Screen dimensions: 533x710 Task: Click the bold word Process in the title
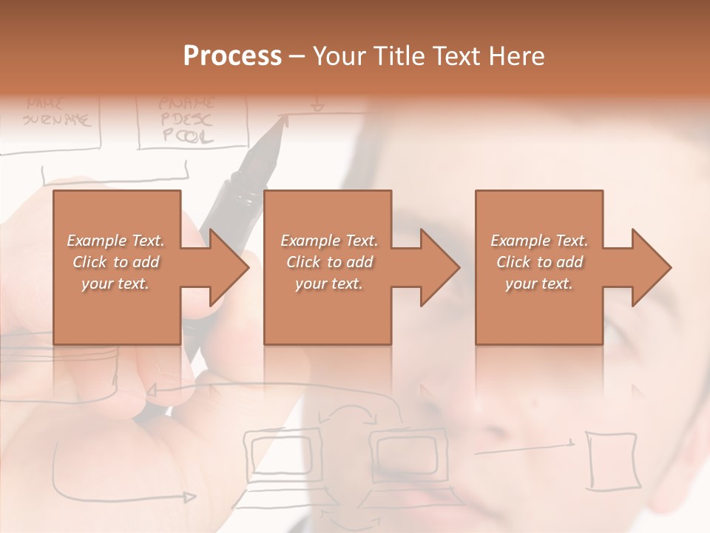[232, 56]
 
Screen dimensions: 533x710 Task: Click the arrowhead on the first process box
[226, 267]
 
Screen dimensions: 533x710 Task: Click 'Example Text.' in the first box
[116, 241]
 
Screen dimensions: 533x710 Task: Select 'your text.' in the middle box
[328, 284]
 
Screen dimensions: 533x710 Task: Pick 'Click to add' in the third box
[539, 262]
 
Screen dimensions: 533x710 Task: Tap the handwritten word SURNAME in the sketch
[56, 118]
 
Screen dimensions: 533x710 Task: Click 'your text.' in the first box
[116, 284]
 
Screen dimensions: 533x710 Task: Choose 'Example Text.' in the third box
[539, 241]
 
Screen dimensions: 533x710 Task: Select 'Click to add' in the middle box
[328, 262]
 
